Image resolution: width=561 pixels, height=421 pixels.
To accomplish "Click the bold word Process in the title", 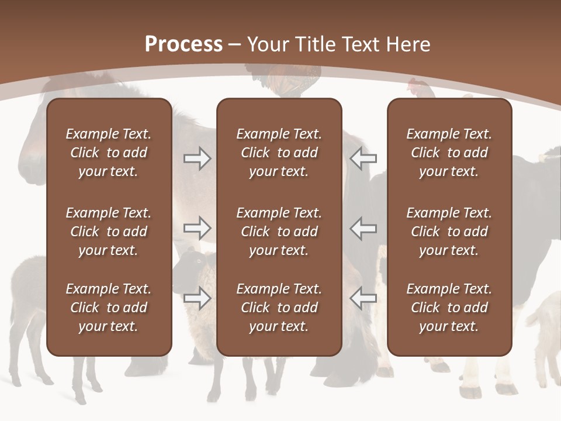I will point(183,44).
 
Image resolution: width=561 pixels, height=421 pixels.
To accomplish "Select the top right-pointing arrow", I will point(197,158).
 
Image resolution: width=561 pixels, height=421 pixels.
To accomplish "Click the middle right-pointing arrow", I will point(197,228).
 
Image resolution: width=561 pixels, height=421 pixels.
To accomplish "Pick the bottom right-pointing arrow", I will point(197,298).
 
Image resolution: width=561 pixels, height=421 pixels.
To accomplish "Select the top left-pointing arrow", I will point(363,158).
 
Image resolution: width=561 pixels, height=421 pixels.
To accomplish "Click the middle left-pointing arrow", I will point(363,228).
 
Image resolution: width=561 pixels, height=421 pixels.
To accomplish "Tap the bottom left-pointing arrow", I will point(363,298).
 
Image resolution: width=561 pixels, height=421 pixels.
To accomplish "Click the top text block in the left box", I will point(109,153).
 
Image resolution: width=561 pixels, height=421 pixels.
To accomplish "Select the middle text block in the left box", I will point(109,232).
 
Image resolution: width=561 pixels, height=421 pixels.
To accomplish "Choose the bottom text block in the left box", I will point(109,308).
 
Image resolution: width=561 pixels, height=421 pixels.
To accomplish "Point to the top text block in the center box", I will point(279,153).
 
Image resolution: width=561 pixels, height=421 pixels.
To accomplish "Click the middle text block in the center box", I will point(279,232).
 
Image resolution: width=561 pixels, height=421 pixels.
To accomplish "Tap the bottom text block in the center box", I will point(279,308).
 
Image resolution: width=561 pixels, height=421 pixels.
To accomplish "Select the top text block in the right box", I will point(449,153).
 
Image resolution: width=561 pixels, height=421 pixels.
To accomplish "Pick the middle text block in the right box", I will point(449,232).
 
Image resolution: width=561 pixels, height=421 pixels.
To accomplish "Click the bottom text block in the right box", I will point(449,308).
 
